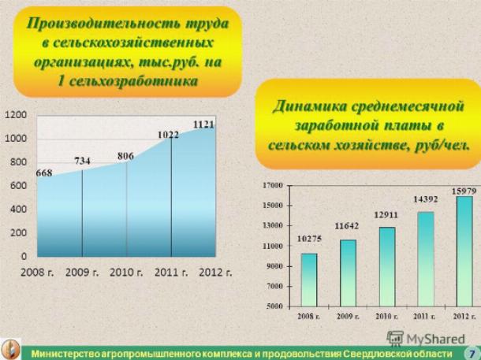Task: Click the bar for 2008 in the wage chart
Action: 309,280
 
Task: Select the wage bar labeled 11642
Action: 348,273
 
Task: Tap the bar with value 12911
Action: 387,266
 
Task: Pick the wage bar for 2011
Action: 426,259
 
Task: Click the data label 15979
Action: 464,191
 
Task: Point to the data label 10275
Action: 309,239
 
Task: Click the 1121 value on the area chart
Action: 203,124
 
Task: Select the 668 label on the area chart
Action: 44,173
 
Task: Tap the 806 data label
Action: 126,156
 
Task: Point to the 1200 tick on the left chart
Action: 16,115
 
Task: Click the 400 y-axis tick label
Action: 18,210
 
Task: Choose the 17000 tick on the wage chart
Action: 272,185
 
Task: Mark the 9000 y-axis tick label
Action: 274,266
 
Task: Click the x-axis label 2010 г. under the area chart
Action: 126,273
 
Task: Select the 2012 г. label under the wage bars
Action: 464,316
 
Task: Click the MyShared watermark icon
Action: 395,339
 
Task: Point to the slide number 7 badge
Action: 472,353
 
